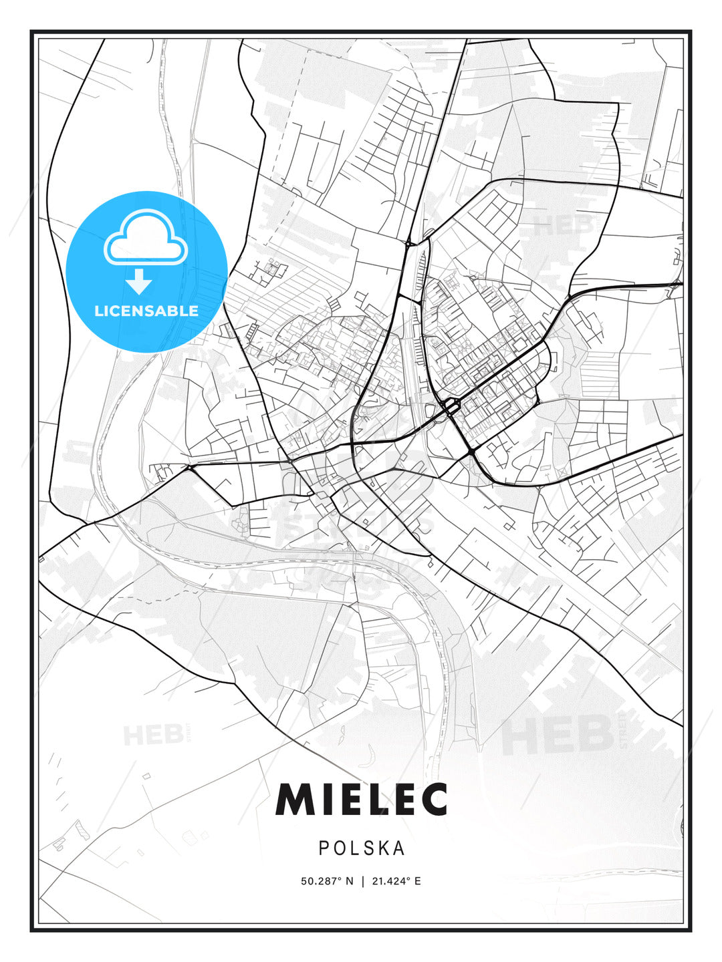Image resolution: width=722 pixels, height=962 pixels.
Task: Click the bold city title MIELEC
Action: click(361, 799)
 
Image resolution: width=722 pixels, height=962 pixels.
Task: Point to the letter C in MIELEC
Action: click(433, 799)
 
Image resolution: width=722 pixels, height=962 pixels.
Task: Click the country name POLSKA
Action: click(362, 848)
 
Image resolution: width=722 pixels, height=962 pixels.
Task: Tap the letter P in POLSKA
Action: click(324, 848)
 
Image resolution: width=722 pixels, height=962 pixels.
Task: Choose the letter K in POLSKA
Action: click(384, 848)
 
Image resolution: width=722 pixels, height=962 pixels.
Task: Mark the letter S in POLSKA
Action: click(369, 848)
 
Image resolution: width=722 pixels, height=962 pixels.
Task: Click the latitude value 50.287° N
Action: click(327, 881)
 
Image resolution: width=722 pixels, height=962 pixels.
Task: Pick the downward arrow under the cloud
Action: click(139, 282)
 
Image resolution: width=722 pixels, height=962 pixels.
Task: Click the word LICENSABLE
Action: click(146, 311)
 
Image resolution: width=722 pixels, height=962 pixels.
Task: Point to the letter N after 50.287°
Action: click(350, 881)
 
